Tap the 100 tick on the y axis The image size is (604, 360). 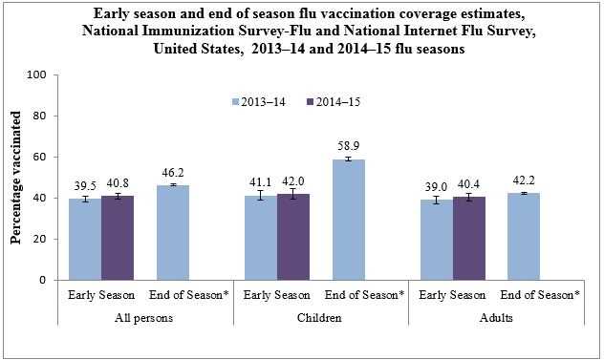40,74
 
